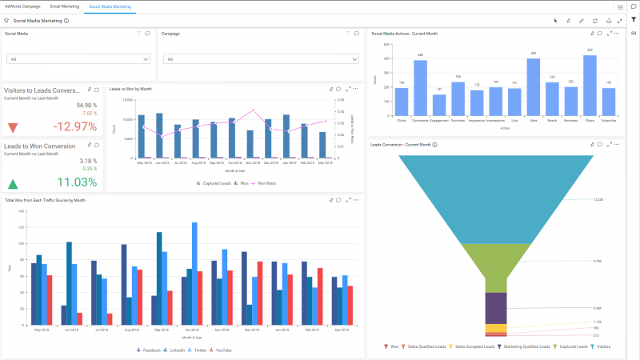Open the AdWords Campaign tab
[x=22, y=6]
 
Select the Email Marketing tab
[x=64, y=6]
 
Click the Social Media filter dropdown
[x=78, y=59]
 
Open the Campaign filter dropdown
[x=234, y=59]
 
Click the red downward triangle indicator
[x=13, y=128]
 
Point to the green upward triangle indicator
[x=13, y=183]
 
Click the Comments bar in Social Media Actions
[x=420, y=89]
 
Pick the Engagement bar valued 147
[x=439, y=106]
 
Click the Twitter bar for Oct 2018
[x=194, y=272]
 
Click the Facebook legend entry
[x=150, y=350]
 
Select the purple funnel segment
[x=496, y=307]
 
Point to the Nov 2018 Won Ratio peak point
[x=254, y=110]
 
